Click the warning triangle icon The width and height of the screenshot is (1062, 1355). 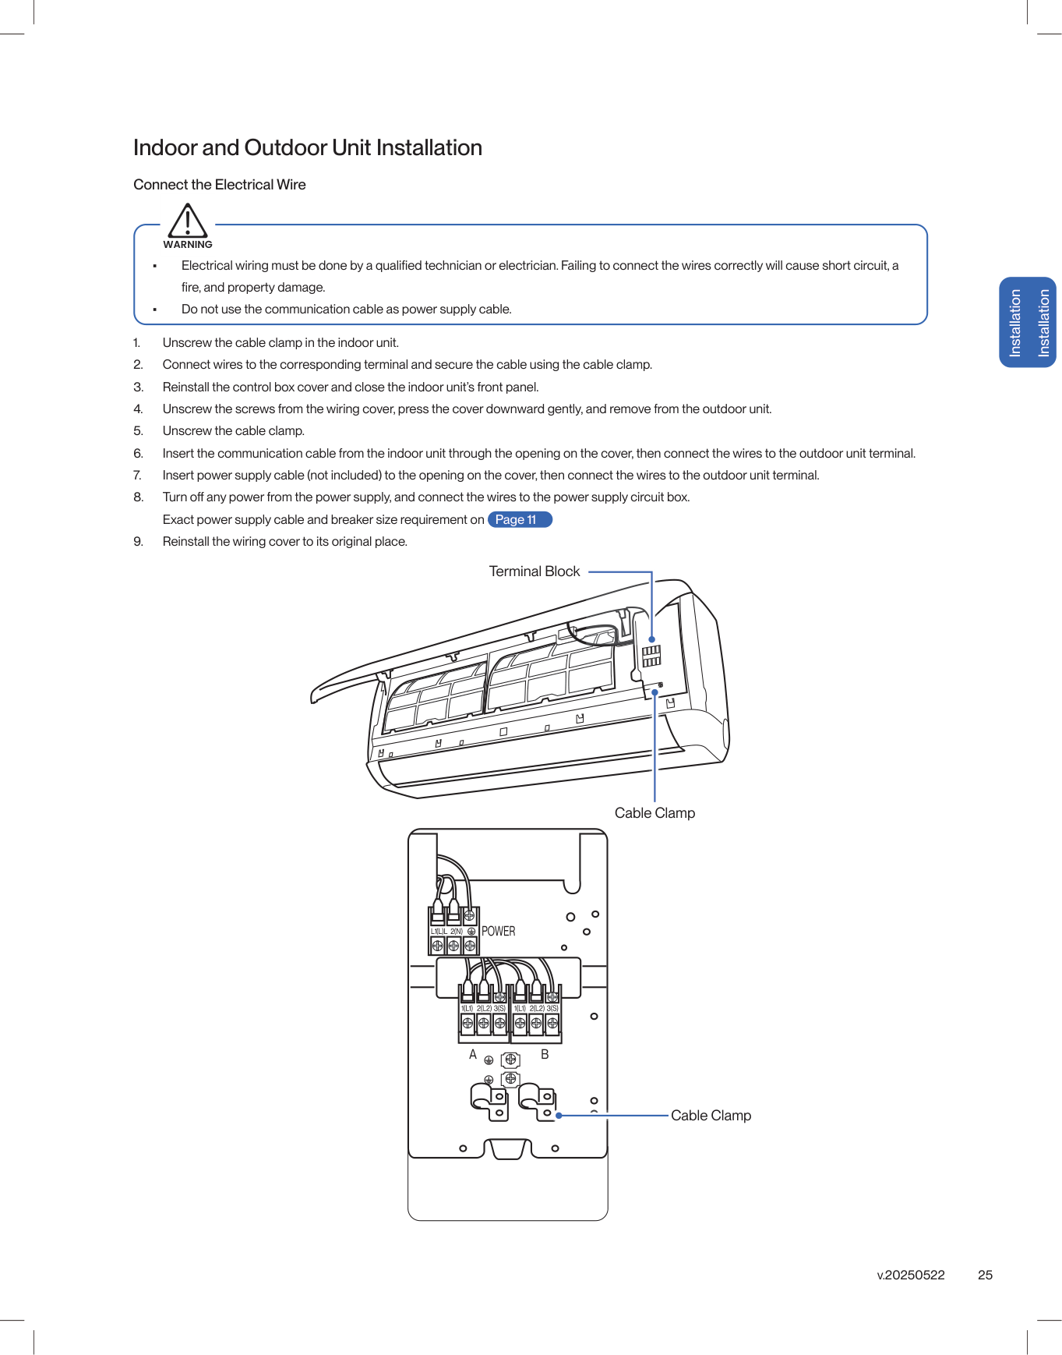[188, 221]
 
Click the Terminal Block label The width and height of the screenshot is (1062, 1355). [535, 571]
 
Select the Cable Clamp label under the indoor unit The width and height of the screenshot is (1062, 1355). [654, 813]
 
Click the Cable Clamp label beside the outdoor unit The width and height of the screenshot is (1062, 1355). [711, 1116]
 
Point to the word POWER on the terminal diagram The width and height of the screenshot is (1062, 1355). [499, 931]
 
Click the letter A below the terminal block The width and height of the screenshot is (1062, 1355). [473, 1054]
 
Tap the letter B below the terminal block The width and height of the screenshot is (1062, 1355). [545, 1054]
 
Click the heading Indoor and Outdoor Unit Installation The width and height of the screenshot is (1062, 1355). [308, 147]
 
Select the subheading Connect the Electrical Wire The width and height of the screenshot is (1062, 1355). [220, 185]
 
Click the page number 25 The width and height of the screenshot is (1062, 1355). [985, 1275]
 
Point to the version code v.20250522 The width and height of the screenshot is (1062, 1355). [911, 1275]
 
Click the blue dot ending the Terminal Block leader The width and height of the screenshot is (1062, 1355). [652, 639]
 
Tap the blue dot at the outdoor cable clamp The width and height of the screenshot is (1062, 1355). [559, 1116]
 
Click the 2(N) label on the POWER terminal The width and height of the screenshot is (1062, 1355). [457, 931]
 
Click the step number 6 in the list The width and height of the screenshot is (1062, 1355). [138, 453]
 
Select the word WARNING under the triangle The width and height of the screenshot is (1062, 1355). [188, 245]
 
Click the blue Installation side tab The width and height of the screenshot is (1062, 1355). [1028, 322]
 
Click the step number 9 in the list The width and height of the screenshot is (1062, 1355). [138, 542]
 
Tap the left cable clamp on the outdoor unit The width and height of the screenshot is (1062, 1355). [489, 1101]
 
